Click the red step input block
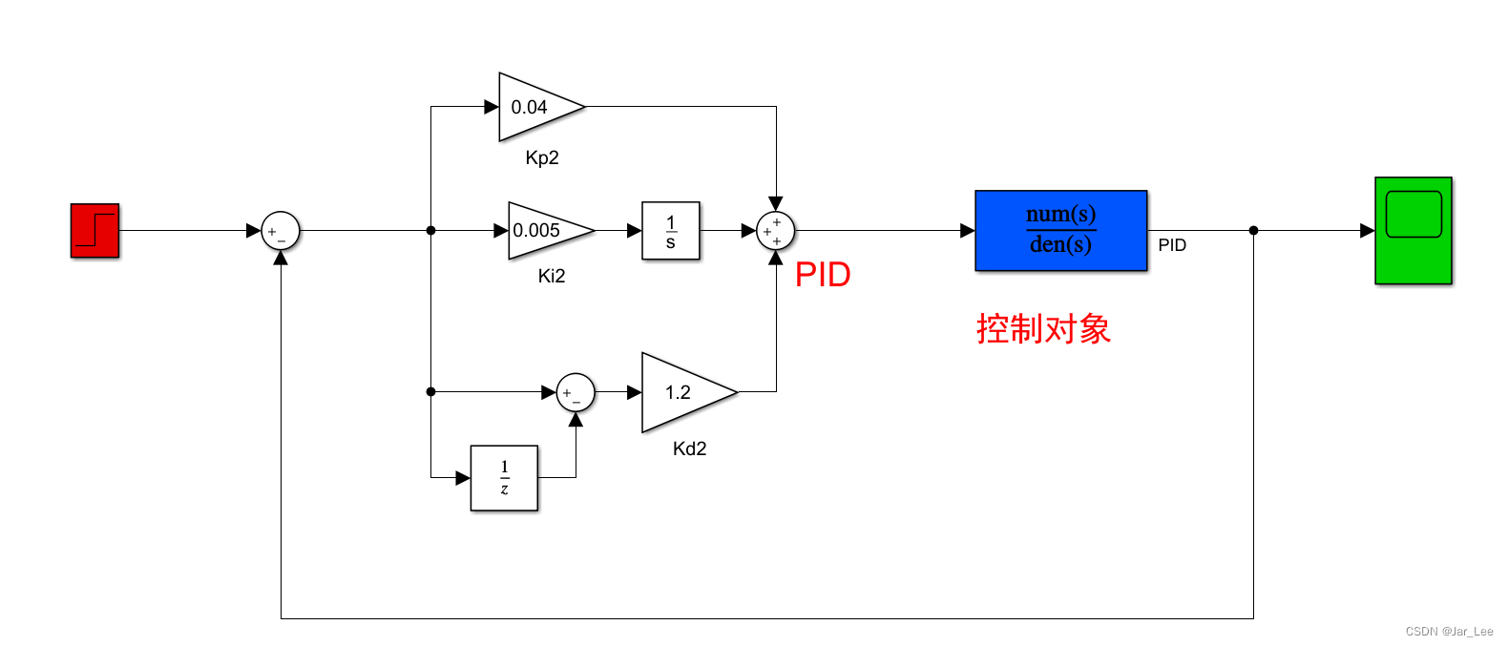coord(94,231)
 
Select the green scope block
coord(1413,231)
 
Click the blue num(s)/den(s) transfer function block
coord(1060,231)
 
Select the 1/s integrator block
coord(670,231)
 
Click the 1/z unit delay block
coord(504,477)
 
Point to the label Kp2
coord(542,158)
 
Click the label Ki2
coord(552,277)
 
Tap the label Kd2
coord(689,448)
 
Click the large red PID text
coord(823,275)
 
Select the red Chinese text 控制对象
coord(1043,329)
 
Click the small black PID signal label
coord(1172,245)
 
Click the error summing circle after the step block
coord(281,231)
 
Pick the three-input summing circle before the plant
coord(775,231)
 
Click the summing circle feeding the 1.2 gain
coord(576,392)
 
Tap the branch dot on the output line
coord(1253,230)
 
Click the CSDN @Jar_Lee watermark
coord(1449,632)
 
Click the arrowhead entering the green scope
coord(1367,230)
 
